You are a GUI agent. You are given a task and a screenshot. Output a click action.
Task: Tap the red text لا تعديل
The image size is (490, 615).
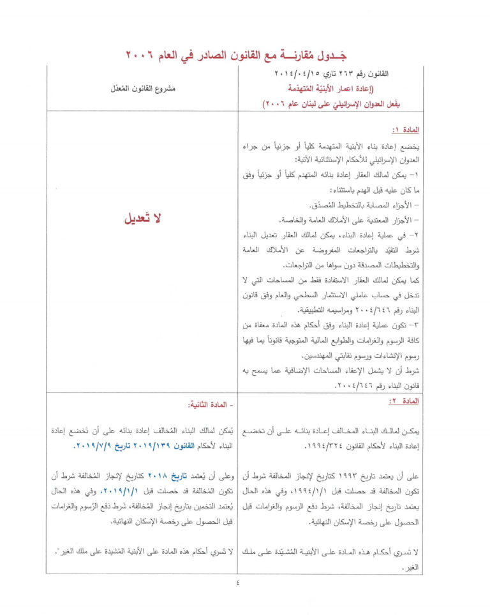click(x=143, y=218)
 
